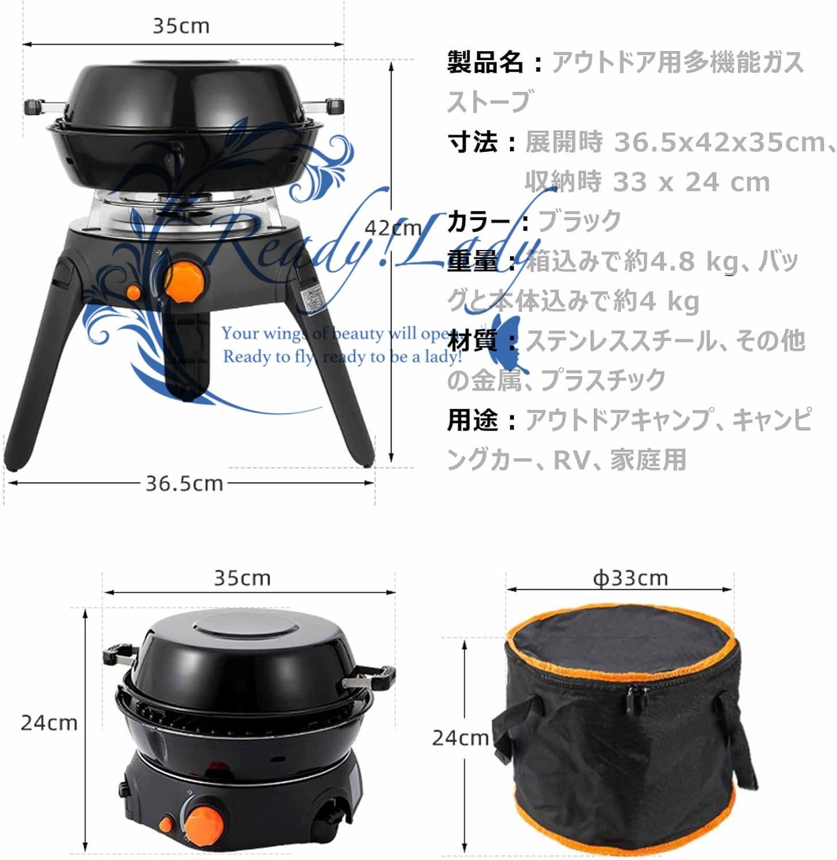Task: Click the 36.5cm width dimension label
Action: click(x=184, y=483)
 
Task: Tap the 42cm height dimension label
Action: click(x=394, y=228)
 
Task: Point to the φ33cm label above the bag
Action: click(x=630, y=578)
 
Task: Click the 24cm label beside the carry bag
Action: click(x=460, y=737)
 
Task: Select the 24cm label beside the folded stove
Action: click(x=49, y=722)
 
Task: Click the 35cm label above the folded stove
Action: click(x=242, y=577)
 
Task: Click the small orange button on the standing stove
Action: click(x=133, y=292)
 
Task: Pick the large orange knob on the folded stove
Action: click(x=203, y=820)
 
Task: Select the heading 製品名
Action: click(x=485, y=62)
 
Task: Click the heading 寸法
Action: click(x=473, y=142)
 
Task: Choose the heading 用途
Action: click(x=473, y=420)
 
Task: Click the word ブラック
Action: click(x=580, y=221)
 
